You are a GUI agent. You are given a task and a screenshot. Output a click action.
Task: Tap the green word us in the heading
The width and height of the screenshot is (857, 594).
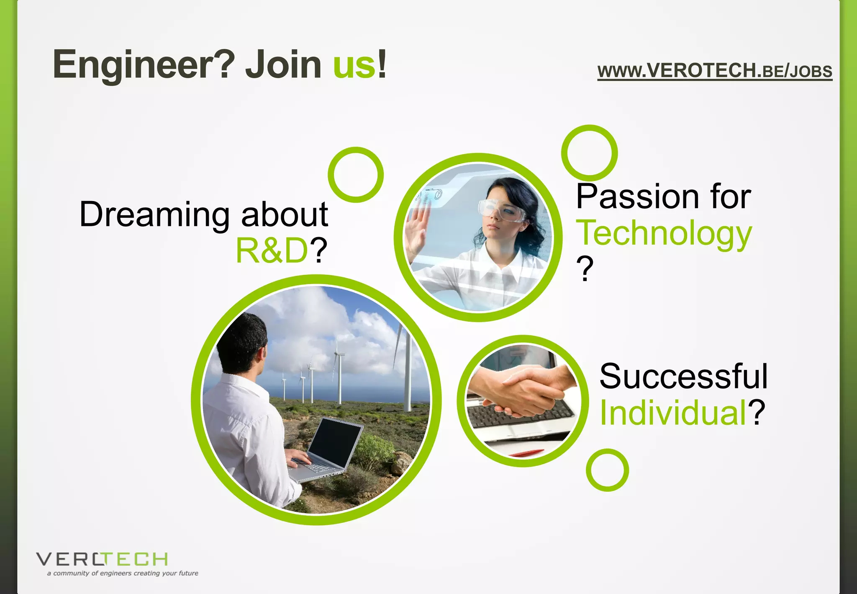354,65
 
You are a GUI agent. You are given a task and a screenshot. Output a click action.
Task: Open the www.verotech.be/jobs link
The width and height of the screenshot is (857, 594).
715,71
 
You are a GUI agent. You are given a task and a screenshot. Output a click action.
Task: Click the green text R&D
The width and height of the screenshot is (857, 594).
272,251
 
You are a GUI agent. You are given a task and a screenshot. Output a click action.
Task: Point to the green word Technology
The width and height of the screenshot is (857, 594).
664,234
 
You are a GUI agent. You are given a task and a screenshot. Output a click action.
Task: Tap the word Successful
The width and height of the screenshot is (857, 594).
683,376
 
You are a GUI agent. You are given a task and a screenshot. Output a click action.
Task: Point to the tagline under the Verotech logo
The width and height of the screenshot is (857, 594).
123,573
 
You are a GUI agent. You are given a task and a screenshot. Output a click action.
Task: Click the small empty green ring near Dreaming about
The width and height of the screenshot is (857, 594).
356,175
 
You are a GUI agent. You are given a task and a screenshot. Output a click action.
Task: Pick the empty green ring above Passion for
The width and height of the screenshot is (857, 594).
589,153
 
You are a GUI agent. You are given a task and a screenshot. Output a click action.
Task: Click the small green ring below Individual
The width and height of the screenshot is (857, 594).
607,470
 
